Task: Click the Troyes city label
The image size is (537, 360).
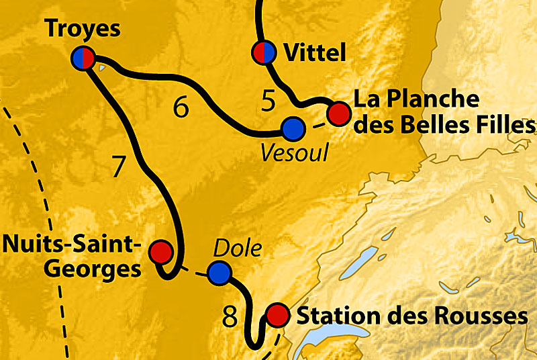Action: tap(83, 29)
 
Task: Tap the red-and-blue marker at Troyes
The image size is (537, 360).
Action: tap(83, 58)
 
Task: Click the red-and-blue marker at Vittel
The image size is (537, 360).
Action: tap(263, 52)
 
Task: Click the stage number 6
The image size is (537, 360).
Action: tap(181, 107)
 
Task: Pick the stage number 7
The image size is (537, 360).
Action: tap(119, 167)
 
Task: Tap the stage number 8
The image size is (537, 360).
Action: tap(230, 316)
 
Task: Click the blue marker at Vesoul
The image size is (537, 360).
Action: tap(293, 127)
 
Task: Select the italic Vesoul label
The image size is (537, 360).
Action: tap(295, 153)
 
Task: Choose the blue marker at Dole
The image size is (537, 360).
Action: tap(219, 273)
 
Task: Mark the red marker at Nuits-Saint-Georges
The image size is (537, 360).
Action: tap(160, 252)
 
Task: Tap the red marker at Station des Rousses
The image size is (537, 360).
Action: tap(277, 314)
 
